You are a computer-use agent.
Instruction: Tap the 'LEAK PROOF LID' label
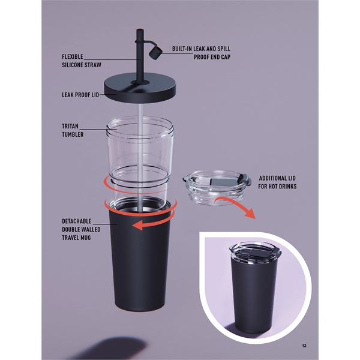80,94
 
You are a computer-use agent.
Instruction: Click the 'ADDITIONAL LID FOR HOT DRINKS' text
277,182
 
